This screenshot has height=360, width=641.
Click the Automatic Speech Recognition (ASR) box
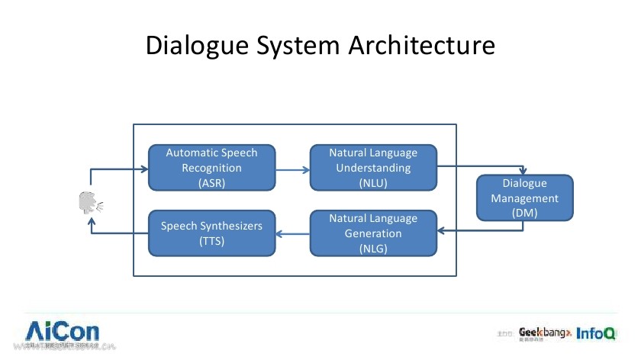coord(211,168)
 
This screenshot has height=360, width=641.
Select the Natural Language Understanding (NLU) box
coord(373,168)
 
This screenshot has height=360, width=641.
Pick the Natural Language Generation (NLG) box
coord(373,233)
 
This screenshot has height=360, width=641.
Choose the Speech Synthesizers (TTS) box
coord(211,233)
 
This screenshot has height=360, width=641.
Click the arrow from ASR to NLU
coord(292,169)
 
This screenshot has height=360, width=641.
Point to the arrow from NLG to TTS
coord(292,233)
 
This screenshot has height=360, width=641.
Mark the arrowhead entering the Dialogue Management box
coord(523,172)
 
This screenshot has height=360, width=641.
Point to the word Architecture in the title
coord(422,46)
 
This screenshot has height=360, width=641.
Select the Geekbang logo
coord(544,333)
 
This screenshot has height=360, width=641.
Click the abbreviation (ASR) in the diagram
coord(211,183)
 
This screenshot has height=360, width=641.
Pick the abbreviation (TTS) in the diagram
coord(211,241)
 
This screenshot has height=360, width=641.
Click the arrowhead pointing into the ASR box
coord(144,169)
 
